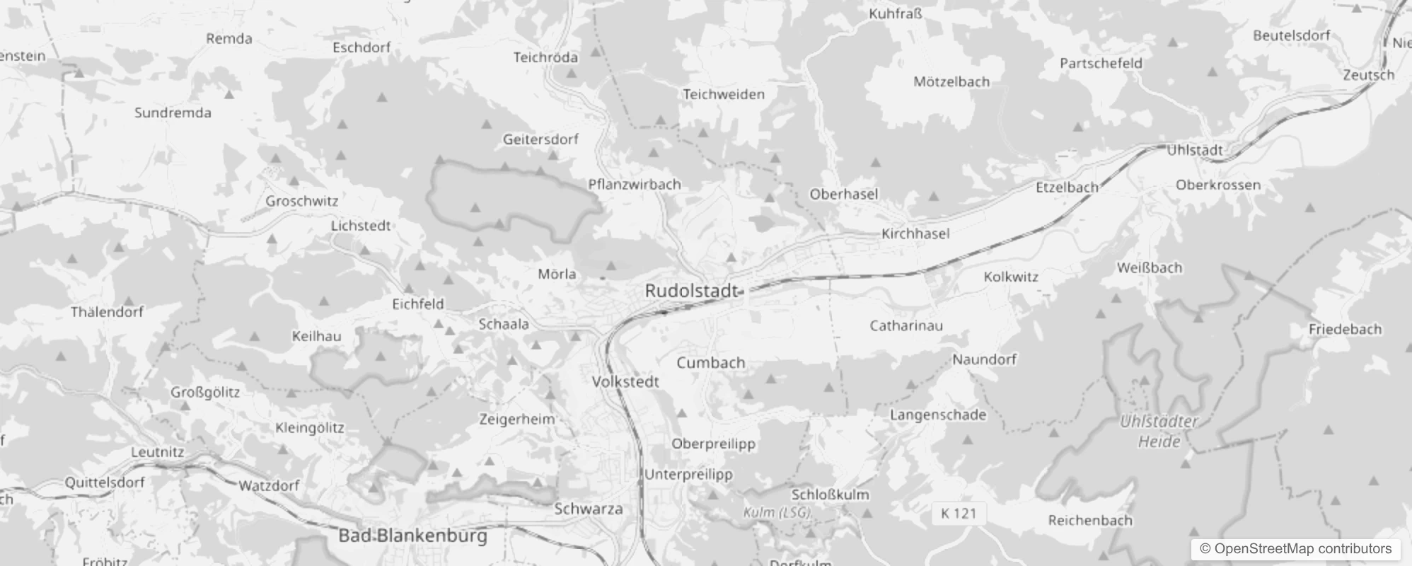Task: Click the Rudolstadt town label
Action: click(x=692, y=291)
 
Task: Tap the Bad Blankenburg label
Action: click(x=412, y=536)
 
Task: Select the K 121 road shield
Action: click(x=959, y=514)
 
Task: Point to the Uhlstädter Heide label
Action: click(x=1159, y=432)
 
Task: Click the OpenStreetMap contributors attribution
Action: click(x=1295, y=549)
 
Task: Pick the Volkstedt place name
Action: click(x=625, y=381)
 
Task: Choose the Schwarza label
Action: click(x=589, y=509)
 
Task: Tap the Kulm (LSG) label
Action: click(x=777, y=512)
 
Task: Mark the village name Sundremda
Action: click(x=173, y=112)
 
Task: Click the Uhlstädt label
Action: click(x=1195, y=150)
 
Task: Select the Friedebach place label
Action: click(x=1345, y=329)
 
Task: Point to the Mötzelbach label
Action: click(x=951, y=82)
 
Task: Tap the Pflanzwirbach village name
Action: click(x=635, y=185)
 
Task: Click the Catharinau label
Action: click(x=906, y=326)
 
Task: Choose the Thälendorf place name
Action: click(x=107, y=312)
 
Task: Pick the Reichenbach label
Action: click(x=1090, y=521)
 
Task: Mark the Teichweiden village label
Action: click(x=724, y=94)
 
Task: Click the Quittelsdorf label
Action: click(x=105, y=483)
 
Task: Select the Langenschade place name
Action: click(x=938, y=415)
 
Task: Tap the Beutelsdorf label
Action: click(x=1291, y=35)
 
